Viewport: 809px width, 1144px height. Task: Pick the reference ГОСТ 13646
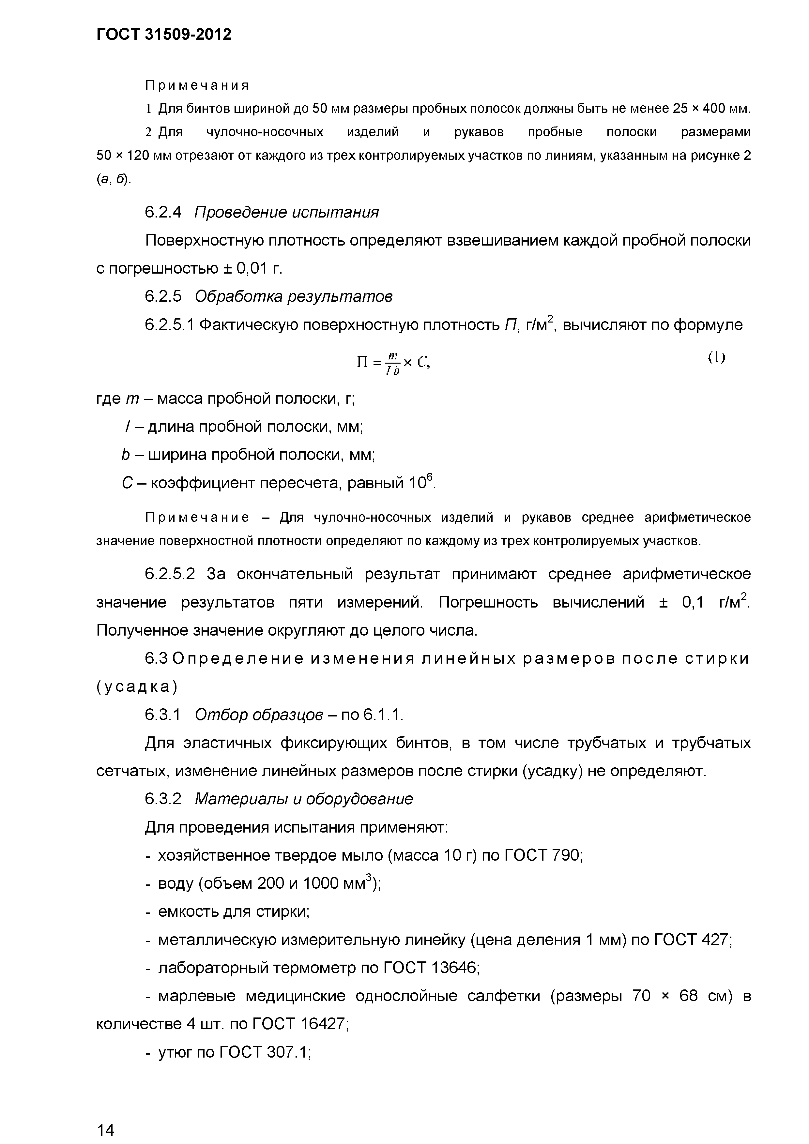(x=431, y=968)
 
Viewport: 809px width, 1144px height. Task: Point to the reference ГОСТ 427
(x=692, y=940)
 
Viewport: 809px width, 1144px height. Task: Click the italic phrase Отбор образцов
(x=258, y=715)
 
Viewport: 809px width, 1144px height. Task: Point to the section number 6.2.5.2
(x=170, y=574)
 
